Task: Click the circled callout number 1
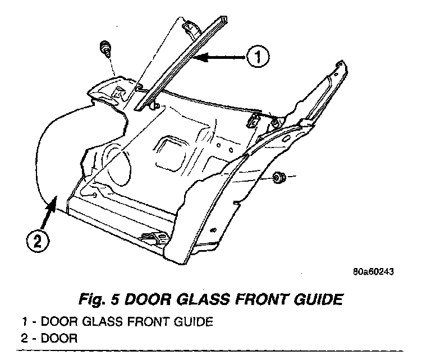coord(258,56)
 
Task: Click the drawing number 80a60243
coord(374,273)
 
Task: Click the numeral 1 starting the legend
coord(25,323)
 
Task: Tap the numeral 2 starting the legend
coord(25,339)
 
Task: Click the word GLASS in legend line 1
coord(91,323)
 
